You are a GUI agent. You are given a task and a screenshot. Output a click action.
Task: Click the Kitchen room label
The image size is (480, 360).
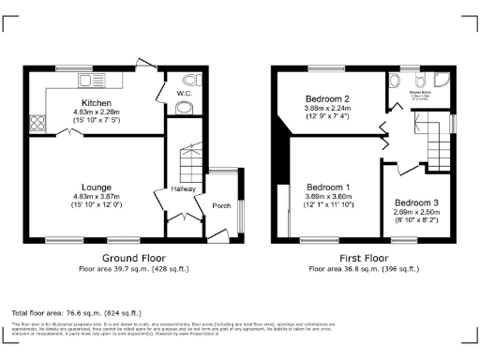(97, 103)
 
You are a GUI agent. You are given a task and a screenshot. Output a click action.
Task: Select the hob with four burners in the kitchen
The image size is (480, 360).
(39, 122)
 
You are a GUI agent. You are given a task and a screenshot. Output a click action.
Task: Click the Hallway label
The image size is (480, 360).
(183, 188)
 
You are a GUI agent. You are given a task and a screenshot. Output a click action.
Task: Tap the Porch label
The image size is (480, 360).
(221, 205)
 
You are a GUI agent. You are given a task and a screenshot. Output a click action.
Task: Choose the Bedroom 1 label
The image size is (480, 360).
(327, 186)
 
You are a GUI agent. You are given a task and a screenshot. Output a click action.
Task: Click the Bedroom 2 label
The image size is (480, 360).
(327, 98)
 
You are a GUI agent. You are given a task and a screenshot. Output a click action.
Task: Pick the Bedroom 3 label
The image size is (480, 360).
(414, 202)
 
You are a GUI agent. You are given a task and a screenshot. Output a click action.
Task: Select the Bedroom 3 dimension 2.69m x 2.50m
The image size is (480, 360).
(414, 212)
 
